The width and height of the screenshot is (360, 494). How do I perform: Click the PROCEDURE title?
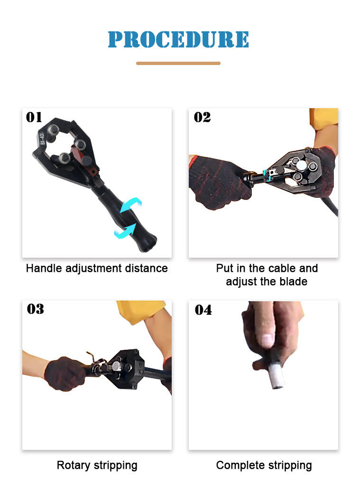(178, 39)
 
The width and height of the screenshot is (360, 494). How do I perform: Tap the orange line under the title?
(178, 63)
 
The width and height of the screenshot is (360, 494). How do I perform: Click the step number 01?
(34, 117)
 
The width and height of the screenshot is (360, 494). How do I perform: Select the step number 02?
(202, 117)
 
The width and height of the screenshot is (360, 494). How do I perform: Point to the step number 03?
(35, 309)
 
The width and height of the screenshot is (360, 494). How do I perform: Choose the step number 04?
(203, 310)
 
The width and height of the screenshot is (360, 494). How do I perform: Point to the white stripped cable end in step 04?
(277, 375)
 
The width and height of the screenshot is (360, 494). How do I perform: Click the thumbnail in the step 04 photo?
(267, 341)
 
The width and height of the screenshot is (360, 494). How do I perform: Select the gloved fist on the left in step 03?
(65, 374)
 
